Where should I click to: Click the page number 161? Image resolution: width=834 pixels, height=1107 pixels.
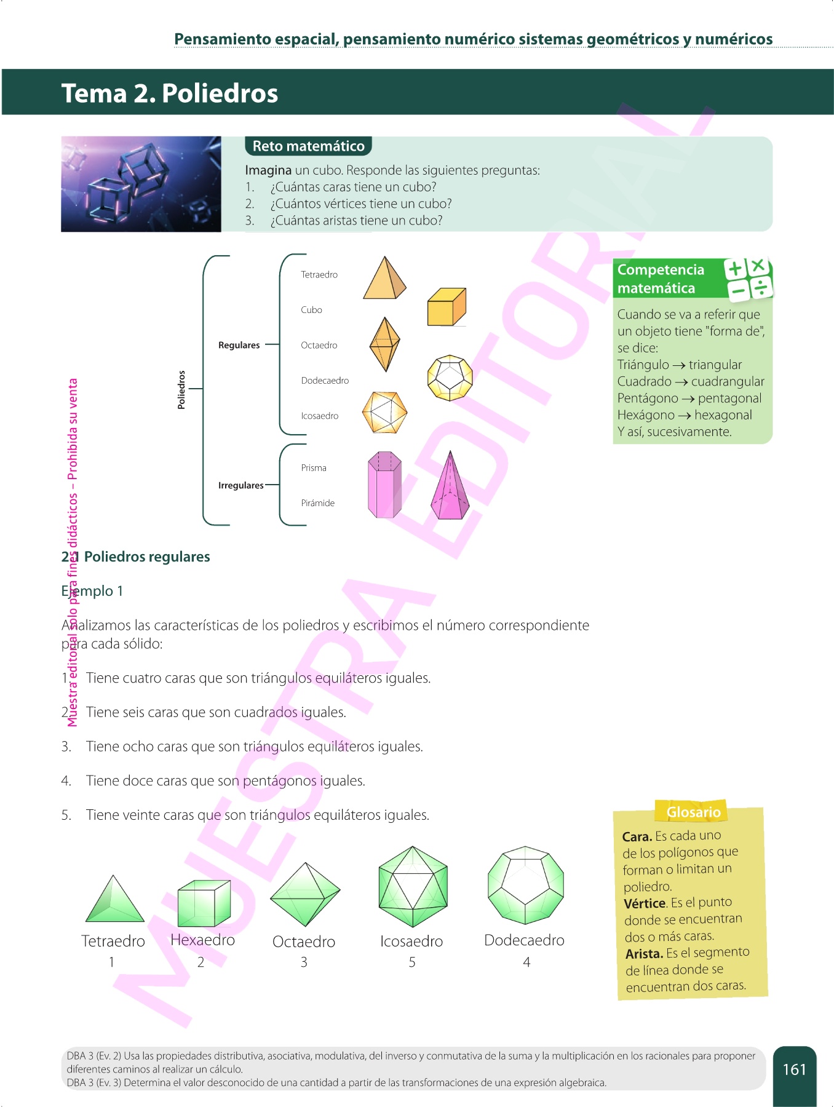pyautogui.click(x=794, y=1069)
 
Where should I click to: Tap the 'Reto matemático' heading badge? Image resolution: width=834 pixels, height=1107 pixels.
pyautogui.click(x=308, y=146)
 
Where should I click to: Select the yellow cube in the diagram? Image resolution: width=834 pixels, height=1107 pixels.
pyautogui.click(x=447, y=306)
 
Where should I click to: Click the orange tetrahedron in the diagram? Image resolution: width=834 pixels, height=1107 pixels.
pyautogui.click(x=384, y=279)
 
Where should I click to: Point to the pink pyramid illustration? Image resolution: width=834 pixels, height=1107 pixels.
pyautogui.click(x=450, y=487)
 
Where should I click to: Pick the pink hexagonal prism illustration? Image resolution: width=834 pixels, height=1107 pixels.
pyautogui.click(x=384, y=485)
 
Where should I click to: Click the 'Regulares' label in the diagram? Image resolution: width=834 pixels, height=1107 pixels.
pyautogui.click(x=239, y=345)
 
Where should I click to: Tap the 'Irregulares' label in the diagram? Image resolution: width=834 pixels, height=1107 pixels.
pyautogui.click(x=240, y=485)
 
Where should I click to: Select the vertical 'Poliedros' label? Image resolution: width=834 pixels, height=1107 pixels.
pyautogui.click(x=181, y=389)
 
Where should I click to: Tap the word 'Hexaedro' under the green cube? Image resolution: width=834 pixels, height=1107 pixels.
pyautogui.click(x=202, y=940)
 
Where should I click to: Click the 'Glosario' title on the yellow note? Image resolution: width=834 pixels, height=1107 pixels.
pyautogui.click(x=693, y=812)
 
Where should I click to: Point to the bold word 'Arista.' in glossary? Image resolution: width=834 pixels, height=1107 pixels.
pyautogui.click(x=643, y=954)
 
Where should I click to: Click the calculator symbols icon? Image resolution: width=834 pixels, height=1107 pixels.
pyautogui.click(x=748, y=279)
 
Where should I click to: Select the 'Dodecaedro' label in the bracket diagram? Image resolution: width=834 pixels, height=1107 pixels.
pyautogui.click(x=325, y=381)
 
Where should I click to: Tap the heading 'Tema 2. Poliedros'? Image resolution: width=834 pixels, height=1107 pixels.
pyautogui.click(x=170, y=93)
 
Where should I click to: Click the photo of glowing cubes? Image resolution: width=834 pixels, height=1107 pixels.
pyautogui.click(x=141, y=184)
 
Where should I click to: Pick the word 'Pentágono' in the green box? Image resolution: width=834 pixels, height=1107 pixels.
pyautogui.click(x=648, y=399)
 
